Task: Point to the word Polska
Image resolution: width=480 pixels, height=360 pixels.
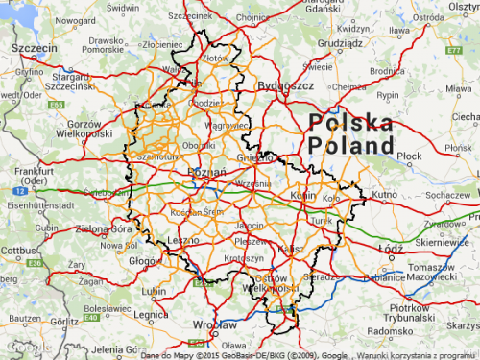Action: tap(351, 123)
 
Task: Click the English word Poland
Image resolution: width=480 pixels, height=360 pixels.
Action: tap(351, 146)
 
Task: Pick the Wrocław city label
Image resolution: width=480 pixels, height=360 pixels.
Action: tap(215, 324)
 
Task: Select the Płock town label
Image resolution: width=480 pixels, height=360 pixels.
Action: tap(410, 154)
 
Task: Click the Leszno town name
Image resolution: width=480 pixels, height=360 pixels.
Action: tap(181, 240)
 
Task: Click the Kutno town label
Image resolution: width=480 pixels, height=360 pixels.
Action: tap(385, 194)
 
